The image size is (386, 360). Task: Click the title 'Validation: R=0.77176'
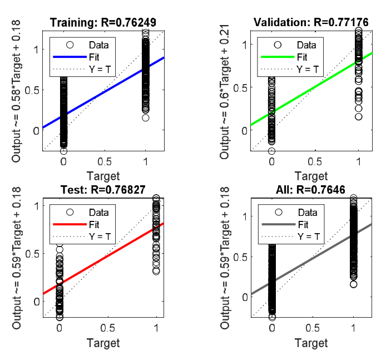tap(311, 23)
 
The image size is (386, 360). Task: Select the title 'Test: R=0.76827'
tap(103, 190)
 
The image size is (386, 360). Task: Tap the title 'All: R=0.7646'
tap(311, 190)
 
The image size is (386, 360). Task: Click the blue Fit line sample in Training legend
tap(70, 57)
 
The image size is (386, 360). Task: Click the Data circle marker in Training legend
tap(70, 45)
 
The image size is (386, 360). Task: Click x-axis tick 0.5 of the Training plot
tap(105, 160)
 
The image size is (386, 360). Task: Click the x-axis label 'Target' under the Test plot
tap(103, 342)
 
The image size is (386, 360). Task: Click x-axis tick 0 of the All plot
tap(272, 327)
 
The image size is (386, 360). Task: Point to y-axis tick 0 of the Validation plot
tap(243, 130)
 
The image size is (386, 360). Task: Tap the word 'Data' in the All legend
tap(308, 212)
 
